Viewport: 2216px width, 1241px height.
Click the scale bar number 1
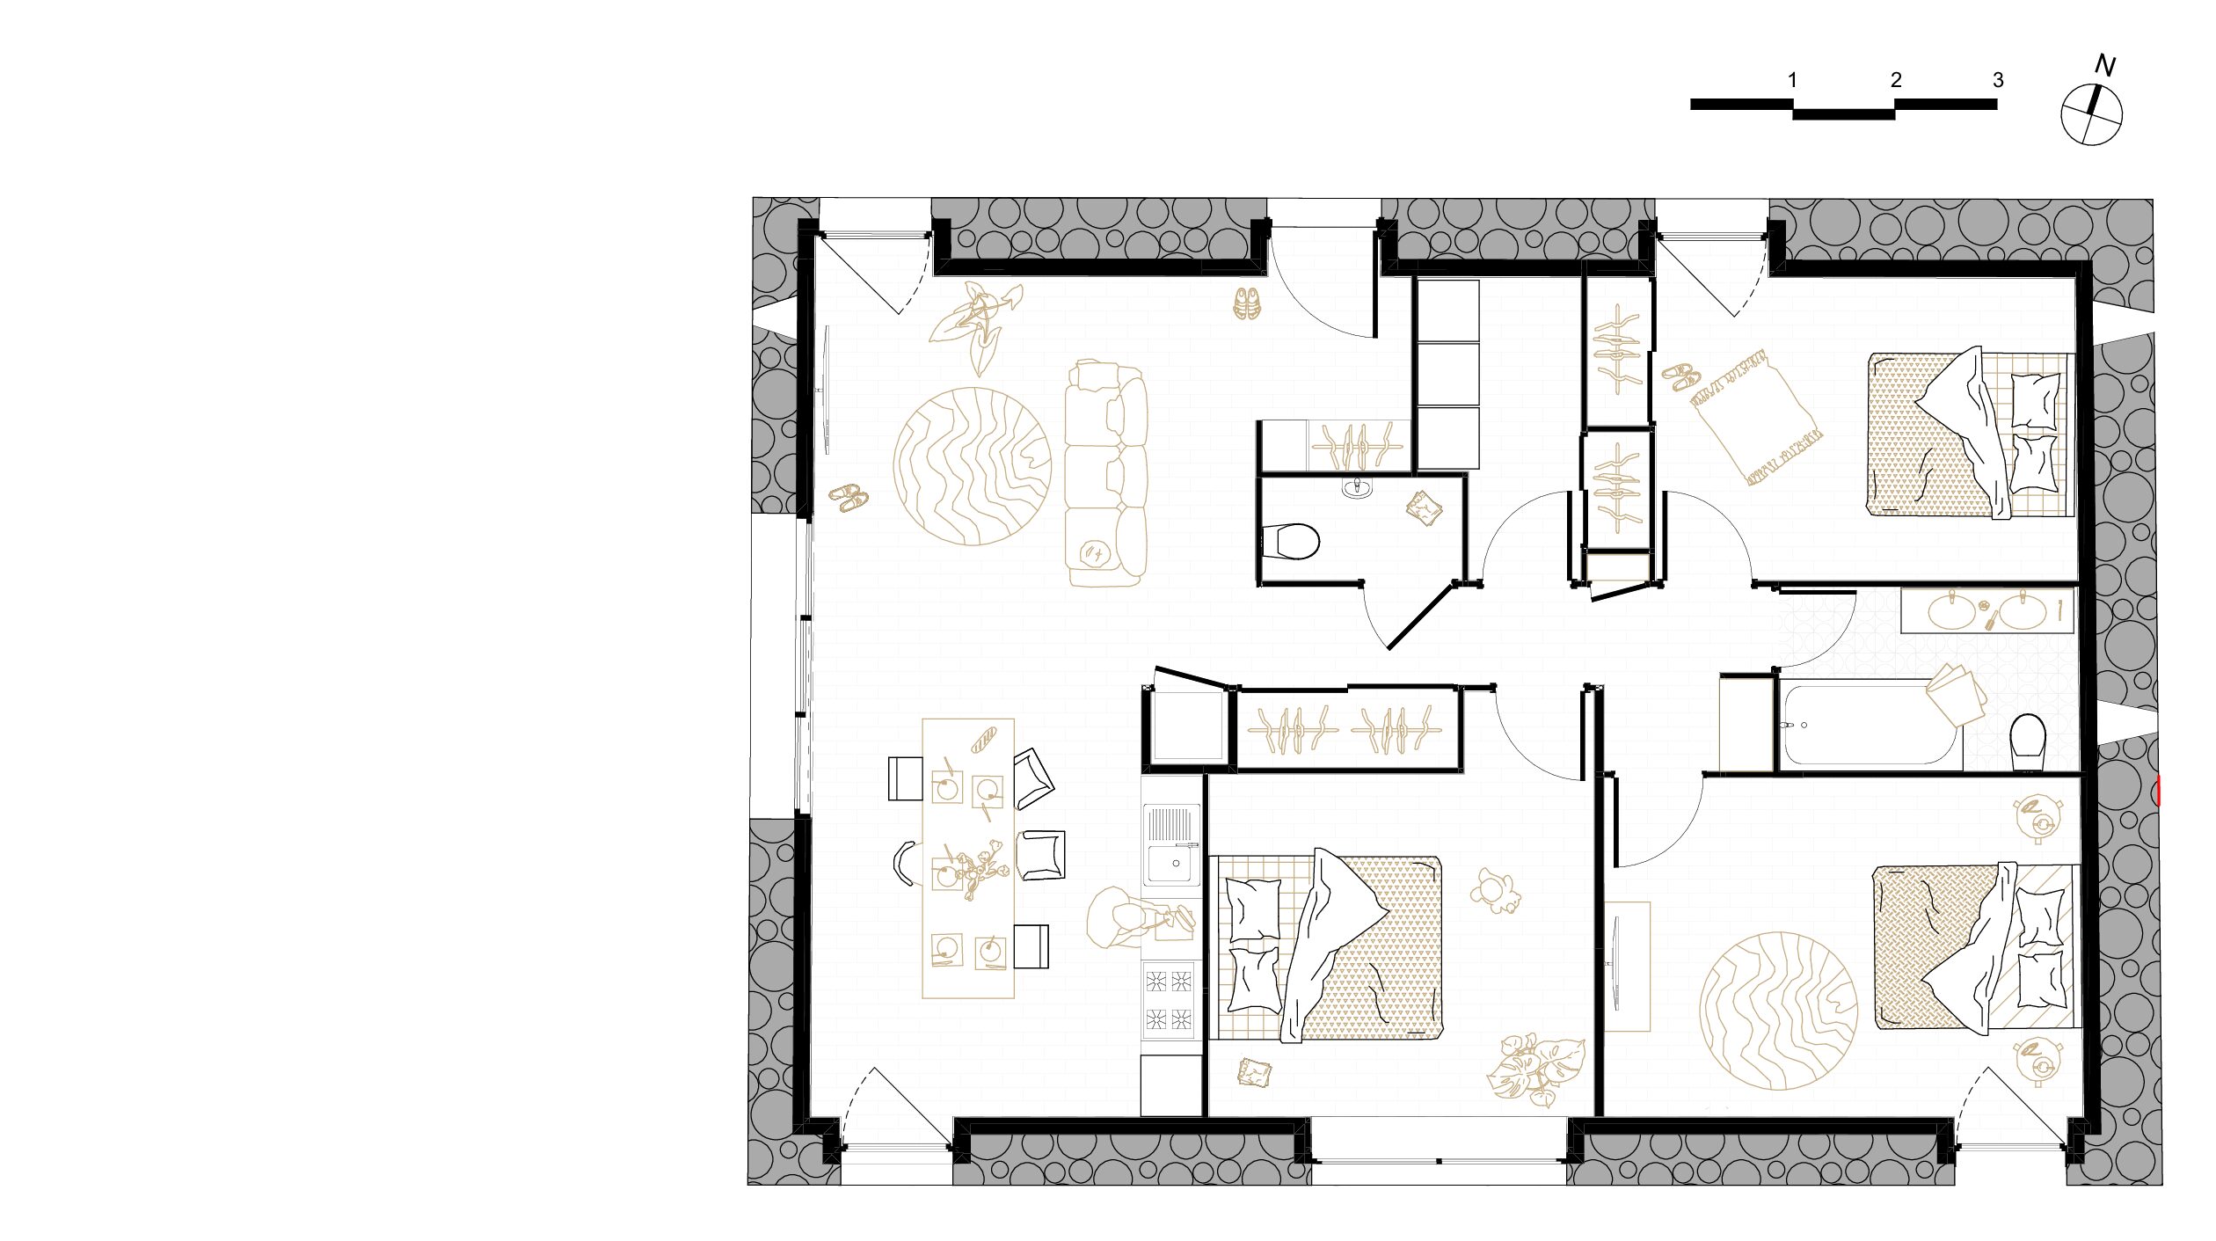[1792, 80]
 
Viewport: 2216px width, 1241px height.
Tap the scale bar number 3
[1998, 80]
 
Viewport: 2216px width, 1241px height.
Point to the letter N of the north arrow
[2104, 65]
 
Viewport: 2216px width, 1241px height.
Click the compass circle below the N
[2091, 115]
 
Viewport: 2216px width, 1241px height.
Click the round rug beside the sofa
[972, 466]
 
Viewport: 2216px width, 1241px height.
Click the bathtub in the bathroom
[1870, 725]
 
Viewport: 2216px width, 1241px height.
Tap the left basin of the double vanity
[1951, 610]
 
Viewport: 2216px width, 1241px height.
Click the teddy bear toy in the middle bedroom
[1495, 892]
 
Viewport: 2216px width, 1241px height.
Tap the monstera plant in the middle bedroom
[1535, 1069]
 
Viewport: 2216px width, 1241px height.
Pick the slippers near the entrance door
[1246, 303]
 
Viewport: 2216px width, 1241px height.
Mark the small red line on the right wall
[2159, 790]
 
